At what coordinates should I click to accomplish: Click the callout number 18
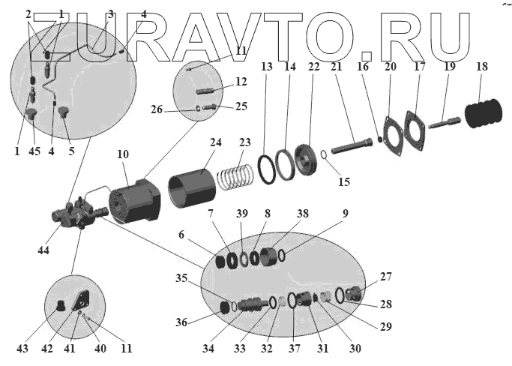click(x=482, y=67)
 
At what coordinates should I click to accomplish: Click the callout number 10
click(x=123, y=154)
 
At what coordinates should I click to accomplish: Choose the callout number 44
click(x=43, y=250)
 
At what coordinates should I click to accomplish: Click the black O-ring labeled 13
click(x=266, y=167)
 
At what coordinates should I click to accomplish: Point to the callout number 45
click(x=34, y=150)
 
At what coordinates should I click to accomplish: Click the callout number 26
click(x=178, y=109)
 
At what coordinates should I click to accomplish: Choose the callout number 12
click(x=241, y=81)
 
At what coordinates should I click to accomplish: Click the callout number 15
click(x=344, y=181)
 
